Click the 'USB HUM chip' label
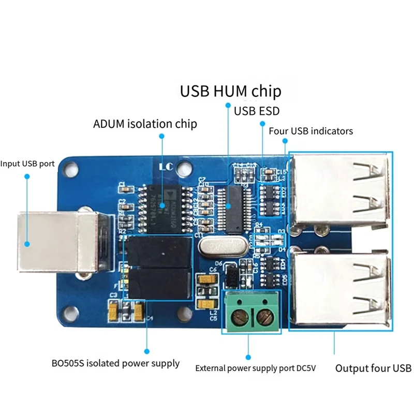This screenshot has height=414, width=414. [x=230, y=91]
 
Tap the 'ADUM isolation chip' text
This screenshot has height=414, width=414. [x=145, y=124]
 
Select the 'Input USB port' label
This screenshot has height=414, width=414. [x=27, y=164]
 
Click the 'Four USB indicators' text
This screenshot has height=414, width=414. [x=310, y=131]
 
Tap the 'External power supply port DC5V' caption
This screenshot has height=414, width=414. [x=255, y=368]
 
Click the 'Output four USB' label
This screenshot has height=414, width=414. [x=373, y=368]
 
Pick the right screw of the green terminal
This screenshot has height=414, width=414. [x=263, y=315]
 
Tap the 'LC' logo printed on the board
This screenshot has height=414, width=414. [x=165, y=167]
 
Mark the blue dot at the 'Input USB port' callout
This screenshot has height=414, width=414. [x=27, y=176]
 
